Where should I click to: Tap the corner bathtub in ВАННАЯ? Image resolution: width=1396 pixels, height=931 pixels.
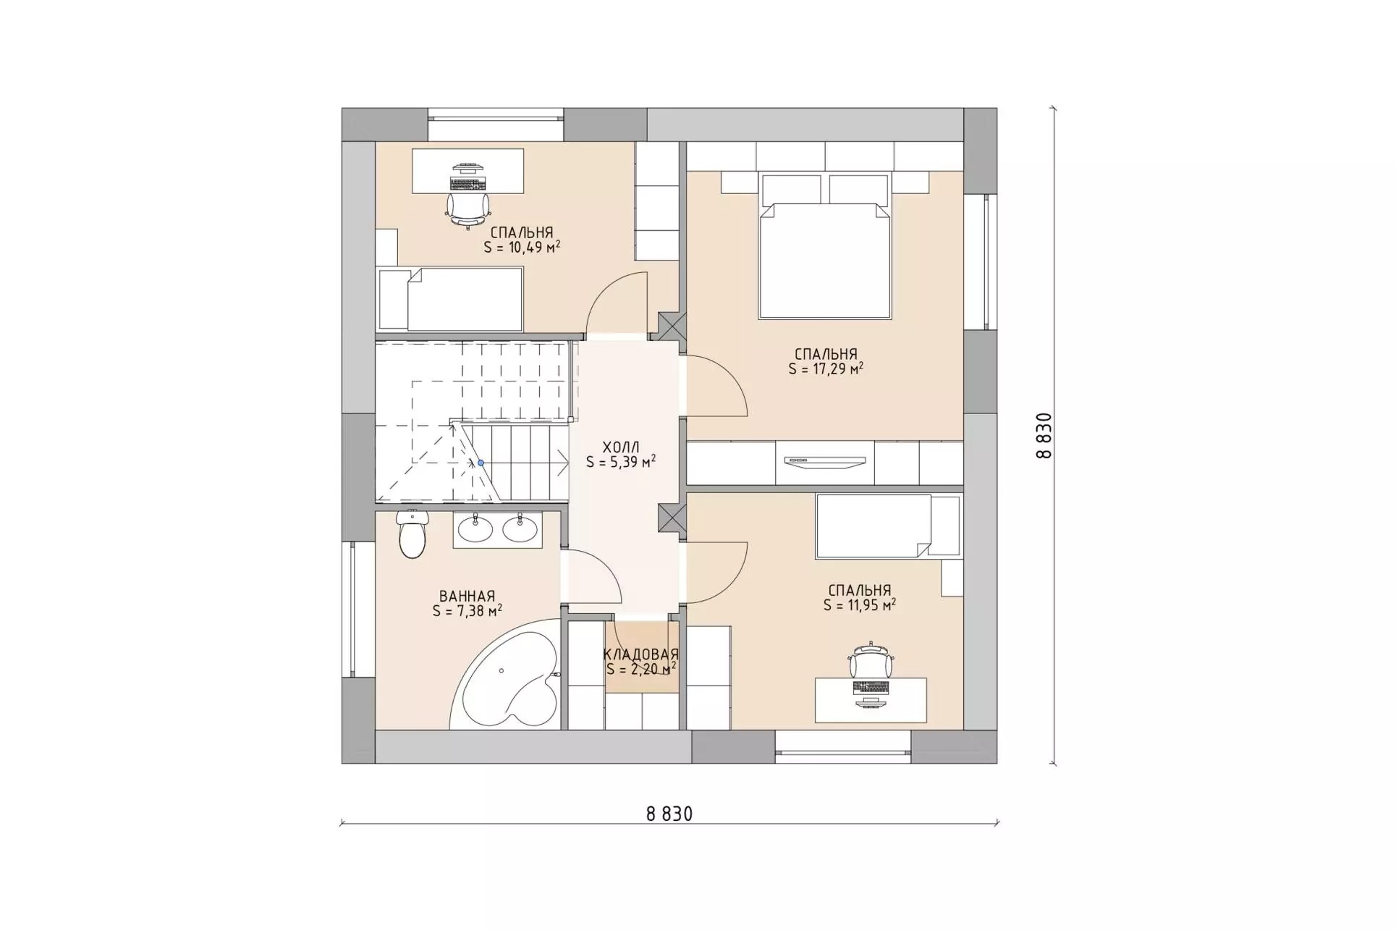(x=507, y=677)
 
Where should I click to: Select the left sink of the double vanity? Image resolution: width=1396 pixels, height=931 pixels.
(x=475, y=529)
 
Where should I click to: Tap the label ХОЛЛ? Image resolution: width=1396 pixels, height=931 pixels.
(x=621, y=447)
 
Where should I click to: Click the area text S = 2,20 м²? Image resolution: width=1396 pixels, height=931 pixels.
(x=641, y=669)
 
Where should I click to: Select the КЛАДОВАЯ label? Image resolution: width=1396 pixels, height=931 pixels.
(x=641, y=654)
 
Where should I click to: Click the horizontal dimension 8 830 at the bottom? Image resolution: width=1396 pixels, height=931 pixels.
(x=669, y=814)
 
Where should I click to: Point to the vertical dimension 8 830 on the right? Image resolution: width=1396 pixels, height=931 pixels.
(x=1044, y=436)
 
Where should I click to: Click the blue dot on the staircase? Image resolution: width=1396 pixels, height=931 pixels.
(x=481, y=463)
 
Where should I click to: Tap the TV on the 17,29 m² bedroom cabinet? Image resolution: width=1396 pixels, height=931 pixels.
(x=826, y=461)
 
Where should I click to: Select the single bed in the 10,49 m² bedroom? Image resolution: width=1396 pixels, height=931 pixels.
(x=450, y=299)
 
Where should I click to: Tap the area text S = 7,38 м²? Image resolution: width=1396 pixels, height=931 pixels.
(x=468, y=611)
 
